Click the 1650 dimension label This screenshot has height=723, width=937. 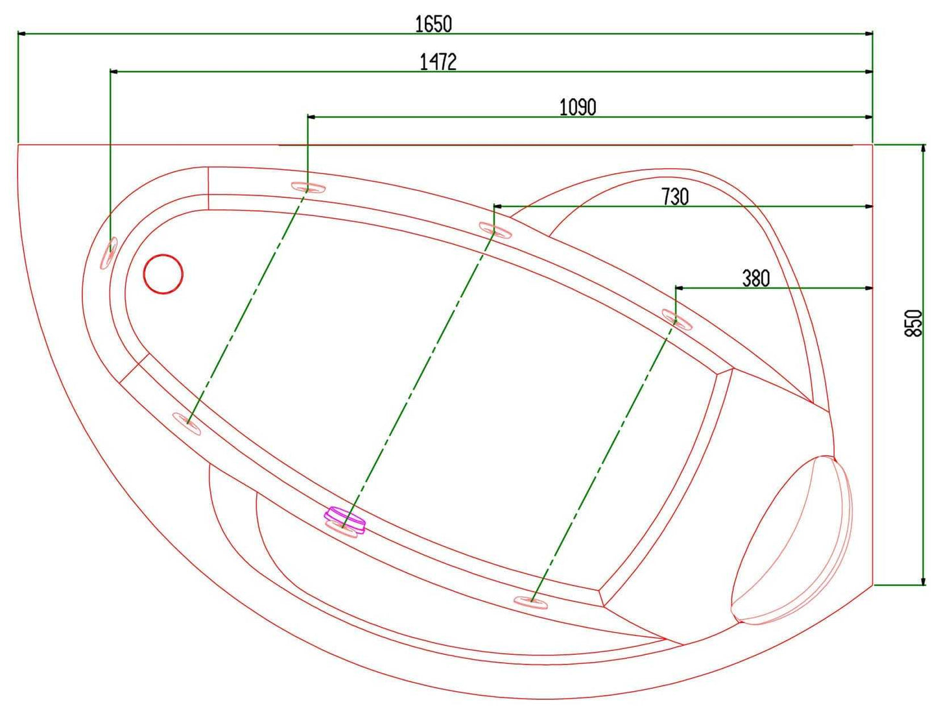click(433, 24)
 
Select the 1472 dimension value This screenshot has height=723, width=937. click(438, 62)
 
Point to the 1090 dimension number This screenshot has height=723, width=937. click(577, 107)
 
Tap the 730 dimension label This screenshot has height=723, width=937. click(674, 197)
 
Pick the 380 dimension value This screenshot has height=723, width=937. click(755, 278)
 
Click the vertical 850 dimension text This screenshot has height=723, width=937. click(913, 323)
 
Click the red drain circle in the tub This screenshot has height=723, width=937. click(163, 274)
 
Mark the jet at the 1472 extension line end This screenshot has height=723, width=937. click(108, 252)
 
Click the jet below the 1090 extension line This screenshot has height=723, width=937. click(308, 188)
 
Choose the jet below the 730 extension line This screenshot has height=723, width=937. click(495, 230)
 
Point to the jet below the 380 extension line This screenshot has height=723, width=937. click(677, 319)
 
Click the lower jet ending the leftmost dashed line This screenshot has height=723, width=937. click(187, 423)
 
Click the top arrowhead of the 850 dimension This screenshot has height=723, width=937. click(923, 149)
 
